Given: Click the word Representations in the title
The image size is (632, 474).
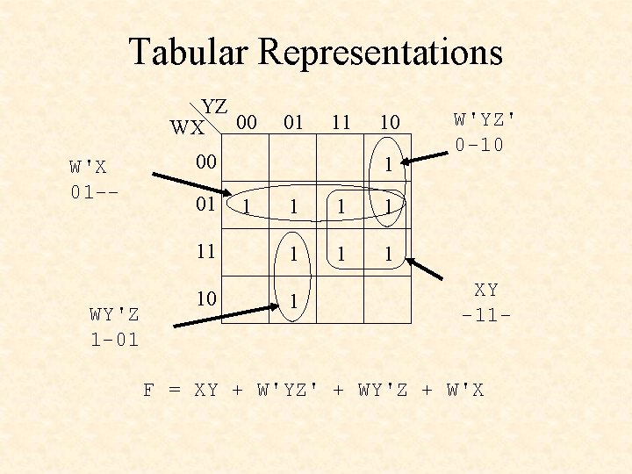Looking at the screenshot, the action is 381,53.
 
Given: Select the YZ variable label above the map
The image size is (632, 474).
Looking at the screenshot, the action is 215,107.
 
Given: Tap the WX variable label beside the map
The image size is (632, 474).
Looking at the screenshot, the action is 188,128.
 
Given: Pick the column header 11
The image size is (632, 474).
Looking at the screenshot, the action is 340,122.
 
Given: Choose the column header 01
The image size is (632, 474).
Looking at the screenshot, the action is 293,122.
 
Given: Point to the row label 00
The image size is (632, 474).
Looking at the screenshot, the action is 205,162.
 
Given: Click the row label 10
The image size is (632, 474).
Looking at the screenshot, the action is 205,298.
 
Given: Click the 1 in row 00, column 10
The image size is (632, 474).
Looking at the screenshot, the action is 387,164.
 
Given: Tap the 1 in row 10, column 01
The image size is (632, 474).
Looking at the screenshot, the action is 293,301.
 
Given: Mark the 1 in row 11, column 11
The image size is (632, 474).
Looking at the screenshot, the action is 340,255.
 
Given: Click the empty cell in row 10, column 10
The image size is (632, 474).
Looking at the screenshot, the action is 387,300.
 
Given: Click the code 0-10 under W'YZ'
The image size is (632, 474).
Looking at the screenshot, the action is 479,144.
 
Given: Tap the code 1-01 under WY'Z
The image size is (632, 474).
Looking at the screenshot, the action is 114,339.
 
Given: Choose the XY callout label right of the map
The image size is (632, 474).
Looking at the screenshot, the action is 486,289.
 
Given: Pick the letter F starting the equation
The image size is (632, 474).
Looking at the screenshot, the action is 149,389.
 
